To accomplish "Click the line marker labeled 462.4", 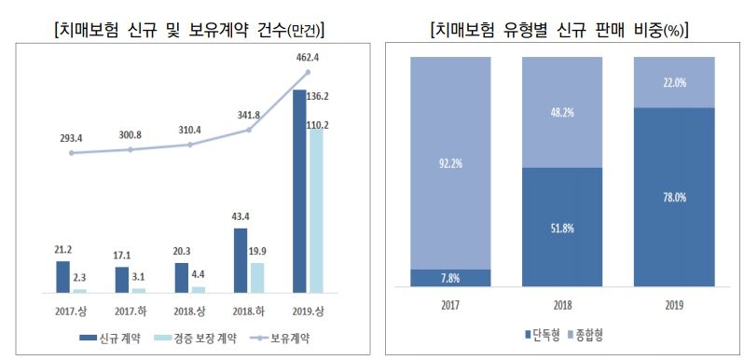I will pos(309,72).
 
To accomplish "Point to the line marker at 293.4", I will pos(71,153).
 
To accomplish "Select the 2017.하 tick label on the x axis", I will pos(130,310).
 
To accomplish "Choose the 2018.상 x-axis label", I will pos(189,310).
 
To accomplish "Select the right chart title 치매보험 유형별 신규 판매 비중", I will pos(559,28).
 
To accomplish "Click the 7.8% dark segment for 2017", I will pos(450,278).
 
